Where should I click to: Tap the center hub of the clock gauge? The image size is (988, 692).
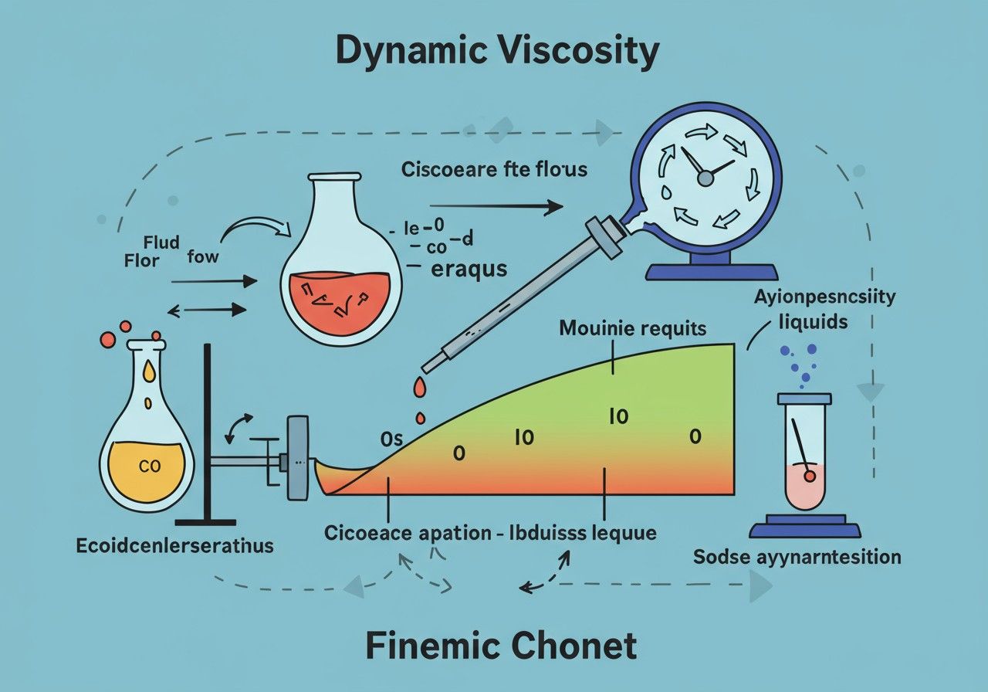(704, 178)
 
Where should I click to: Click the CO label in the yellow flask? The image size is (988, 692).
(147, 466)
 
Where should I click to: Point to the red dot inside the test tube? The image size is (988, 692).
(809, 477)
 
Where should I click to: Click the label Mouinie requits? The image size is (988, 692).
(632, 328)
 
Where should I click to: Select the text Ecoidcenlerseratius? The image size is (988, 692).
(174, 546)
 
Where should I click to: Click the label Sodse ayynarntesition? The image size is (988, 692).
(797, 556)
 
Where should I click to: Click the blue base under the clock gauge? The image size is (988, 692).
(711, 271)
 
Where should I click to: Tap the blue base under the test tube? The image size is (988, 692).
(804, 530)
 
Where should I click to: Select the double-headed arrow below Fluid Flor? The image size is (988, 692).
(207, 310)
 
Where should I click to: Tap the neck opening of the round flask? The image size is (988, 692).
(334, 176)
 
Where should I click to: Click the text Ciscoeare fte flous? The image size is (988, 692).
(494, 169)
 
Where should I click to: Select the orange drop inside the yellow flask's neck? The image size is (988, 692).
(148, 371)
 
